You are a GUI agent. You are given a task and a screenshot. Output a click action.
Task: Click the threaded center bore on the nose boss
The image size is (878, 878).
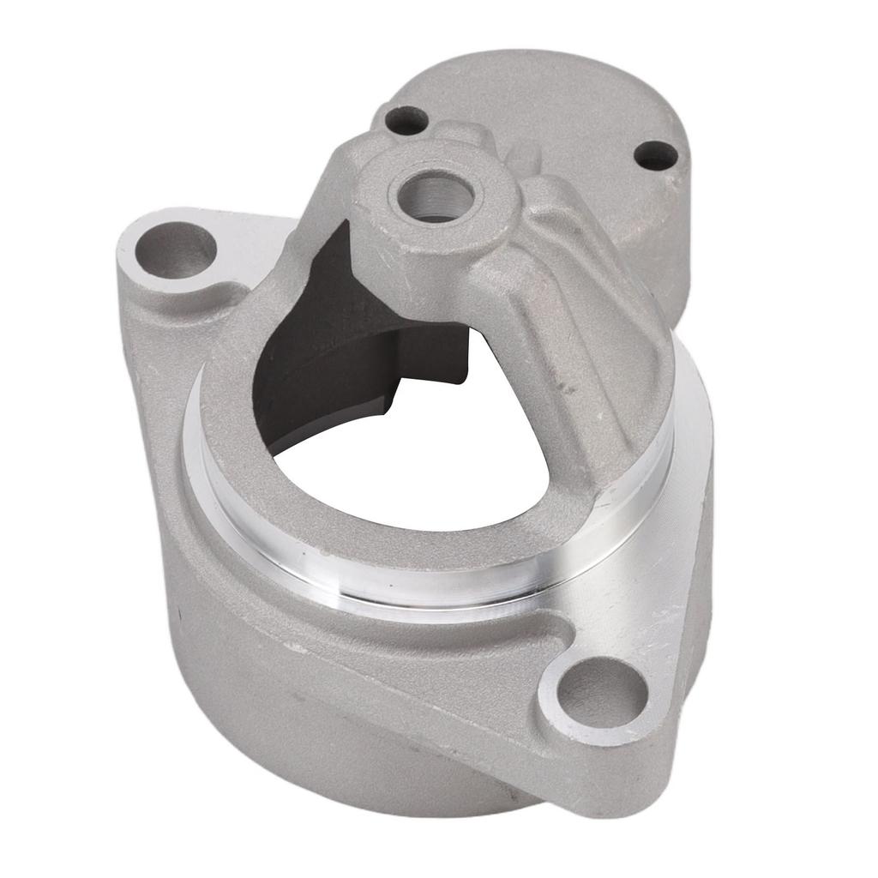[436, 195]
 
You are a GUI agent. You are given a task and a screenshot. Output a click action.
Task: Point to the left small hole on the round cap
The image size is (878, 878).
[405, 119]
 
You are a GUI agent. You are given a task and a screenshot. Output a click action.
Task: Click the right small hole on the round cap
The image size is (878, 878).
[657, 154]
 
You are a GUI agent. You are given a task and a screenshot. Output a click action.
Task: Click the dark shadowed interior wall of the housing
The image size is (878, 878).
[300, 343]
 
